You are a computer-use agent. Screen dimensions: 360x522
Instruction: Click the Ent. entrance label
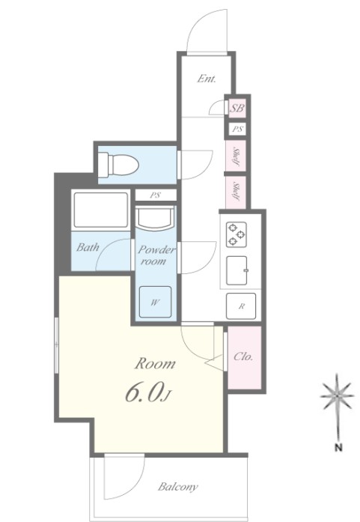(207, 79)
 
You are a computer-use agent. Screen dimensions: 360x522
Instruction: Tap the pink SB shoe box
(237, 108)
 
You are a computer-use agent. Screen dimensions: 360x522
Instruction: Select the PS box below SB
(237, 129)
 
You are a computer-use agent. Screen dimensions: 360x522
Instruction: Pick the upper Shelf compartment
(236, 156)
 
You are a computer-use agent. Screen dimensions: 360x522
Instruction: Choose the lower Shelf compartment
(236, 192)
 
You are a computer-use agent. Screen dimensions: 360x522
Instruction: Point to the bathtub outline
(101, 210)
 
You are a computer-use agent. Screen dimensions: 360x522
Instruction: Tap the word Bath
(88, 247)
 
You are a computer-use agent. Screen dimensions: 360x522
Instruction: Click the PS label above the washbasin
(156, 195)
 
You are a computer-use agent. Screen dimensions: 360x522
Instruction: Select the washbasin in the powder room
(156, 218)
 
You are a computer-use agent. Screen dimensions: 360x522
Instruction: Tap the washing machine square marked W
(156, 302)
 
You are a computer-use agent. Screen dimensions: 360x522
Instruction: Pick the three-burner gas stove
(237, 234)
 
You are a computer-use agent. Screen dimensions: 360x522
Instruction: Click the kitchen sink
(237, 270)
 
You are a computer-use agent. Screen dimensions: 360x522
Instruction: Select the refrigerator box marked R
(241, 306)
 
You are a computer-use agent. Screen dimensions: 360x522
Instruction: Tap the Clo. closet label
(243, 357)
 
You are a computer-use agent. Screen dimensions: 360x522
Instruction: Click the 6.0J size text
(148, 392)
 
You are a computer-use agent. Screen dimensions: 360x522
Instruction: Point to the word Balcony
(177, 487)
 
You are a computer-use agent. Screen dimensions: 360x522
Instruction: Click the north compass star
(337, 396)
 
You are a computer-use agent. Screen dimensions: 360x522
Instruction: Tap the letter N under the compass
(338, 448)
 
